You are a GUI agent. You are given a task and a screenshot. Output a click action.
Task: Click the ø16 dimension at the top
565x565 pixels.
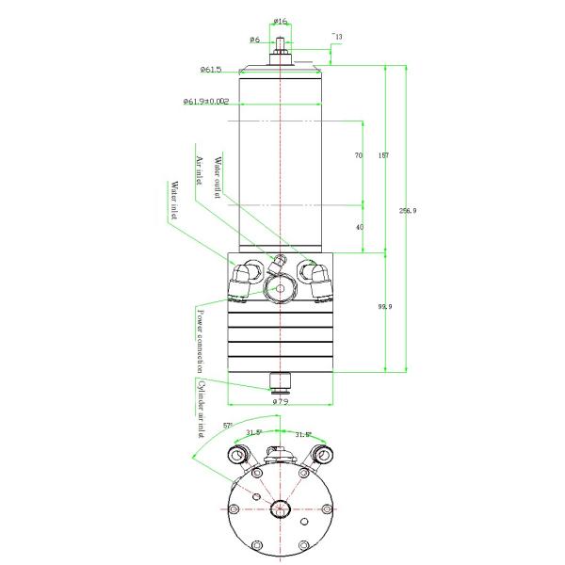(280, 21)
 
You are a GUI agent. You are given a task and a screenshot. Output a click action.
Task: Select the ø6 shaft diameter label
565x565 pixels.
(254, 40)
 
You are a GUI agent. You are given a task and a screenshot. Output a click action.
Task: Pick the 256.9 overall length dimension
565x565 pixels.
(407, 210)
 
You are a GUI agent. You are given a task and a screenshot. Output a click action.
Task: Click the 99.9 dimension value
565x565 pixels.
(384, 307)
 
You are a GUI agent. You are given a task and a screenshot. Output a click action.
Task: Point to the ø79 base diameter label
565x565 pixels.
(280, 402)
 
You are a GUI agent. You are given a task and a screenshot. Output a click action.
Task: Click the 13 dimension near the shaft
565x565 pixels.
(338, 37)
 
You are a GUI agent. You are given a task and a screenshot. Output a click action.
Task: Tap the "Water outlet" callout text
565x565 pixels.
(218, 175)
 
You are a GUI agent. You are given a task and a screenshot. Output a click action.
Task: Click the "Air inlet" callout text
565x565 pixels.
(199, 175)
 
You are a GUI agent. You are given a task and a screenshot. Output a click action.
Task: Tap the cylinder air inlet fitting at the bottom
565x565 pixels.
(280, 381)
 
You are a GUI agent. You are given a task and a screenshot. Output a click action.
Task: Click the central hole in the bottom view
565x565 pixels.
(280, 508)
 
